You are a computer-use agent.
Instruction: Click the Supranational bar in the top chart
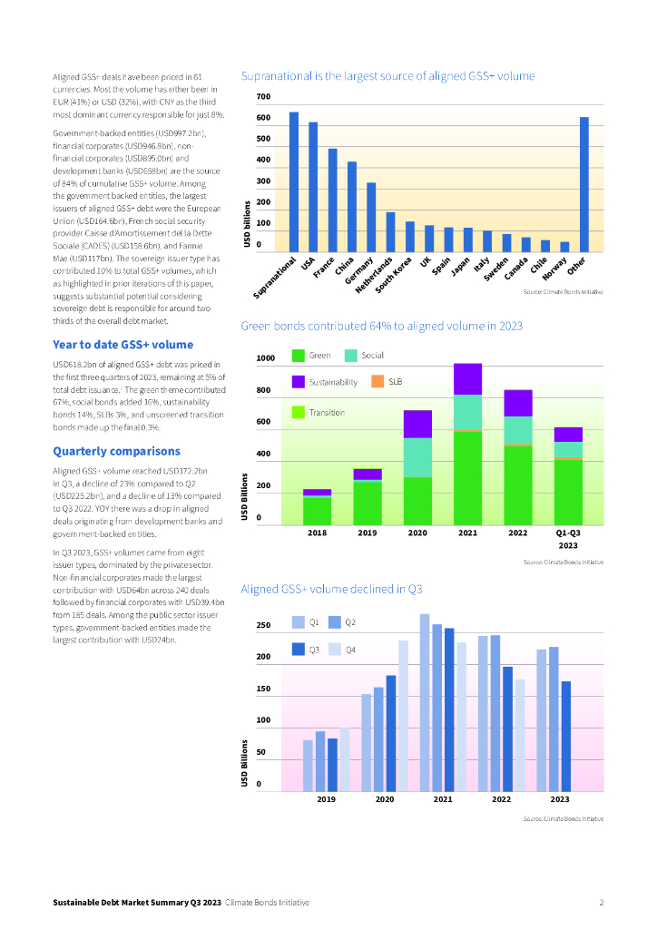[294, 181]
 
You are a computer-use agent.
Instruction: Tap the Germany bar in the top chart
[371, 217]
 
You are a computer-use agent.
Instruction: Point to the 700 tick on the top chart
[263, 97]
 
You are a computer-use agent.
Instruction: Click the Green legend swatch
[299, 356]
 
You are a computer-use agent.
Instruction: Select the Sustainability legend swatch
[299, 382]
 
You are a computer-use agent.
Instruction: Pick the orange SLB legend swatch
[379, 381]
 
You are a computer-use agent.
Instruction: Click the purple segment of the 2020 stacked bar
[417, 424]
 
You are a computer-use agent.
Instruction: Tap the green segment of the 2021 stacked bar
[467, 477]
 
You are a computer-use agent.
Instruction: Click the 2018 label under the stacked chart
[317, 533]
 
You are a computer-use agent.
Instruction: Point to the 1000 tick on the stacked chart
[265, 358]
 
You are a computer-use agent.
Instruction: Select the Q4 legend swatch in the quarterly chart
[334, 649]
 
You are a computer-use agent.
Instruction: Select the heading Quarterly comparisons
[116, 451]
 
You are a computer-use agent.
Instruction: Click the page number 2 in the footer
[601, 903]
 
